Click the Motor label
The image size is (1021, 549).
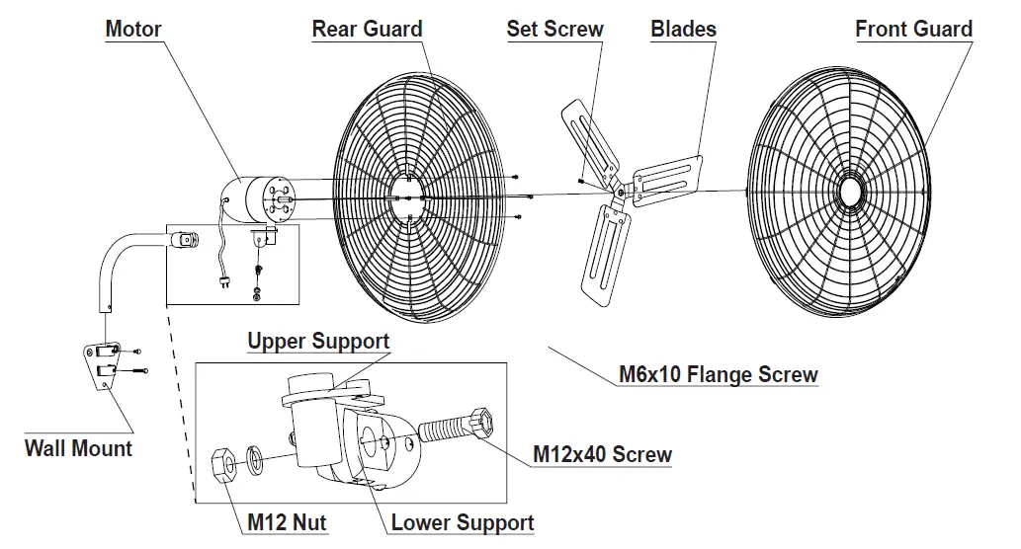point(133,29)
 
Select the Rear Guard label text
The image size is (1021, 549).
point(367,29)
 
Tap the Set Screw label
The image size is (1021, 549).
point(554,29)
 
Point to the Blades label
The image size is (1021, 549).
point(683,29)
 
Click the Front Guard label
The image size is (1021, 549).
point(913,29)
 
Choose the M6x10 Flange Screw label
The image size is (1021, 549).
point(719,374)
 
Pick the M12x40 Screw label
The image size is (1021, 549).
point(602,454)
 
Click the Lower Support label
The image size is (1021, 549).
point(463,522)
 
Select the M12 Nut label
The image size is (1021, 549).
point(287,522)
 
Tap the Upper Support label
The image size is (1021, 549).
point(318,342)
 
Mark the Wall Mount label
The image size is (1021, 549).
point(78,448)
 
